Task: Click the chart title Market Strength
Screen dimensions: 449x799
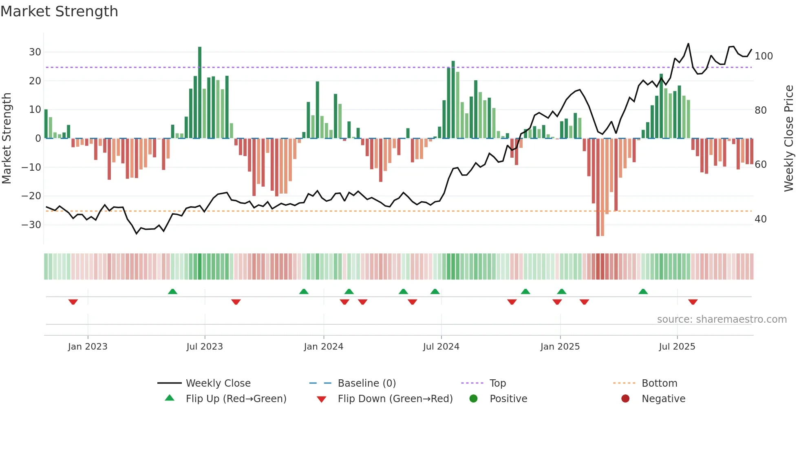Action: point(59,11)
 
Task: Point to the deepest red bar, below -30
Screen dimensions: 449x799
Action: point(598,187)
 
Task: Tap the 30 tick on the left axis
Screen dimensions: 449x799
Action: point(35,52)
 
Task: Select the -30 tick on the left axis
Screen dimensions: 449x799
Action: point(31,225)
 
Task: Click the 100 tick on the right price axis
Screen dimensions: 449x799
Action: point(764,56)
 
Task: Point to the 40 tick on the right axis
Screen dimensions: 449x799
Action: point(761,219)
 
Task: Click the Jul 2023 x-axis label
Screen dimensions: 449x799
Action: point(205,347)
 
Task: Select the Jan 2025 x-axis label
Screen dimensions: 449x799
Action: point(560,347)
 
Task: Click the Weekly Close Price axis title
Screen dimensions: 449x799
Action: point(789,139)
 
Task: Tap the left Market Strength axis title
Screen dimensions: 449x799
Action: point(7,139)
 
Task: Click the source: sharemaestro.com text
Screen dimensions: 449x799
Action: point(722,319)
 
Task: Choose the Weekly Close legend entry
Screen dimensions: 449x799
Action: point(218,383)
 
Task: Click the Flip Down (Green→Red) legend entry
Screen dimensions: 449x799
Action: point(395,399)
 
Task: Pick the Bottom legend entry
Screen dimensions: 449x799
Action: point(659,383)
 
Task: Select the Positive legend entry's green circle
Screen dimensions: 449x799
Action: point(473,399)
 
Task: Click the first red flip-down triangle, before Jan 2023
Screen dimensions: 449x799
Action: point(73,302)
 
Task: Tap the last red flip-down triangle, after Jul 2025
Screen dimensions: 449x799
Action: point(693,302)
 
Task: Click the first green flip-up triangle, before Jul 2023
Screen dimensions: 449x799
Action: point(172,291)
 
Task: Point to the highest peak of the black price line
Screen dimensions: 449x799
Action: point(688,44)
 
